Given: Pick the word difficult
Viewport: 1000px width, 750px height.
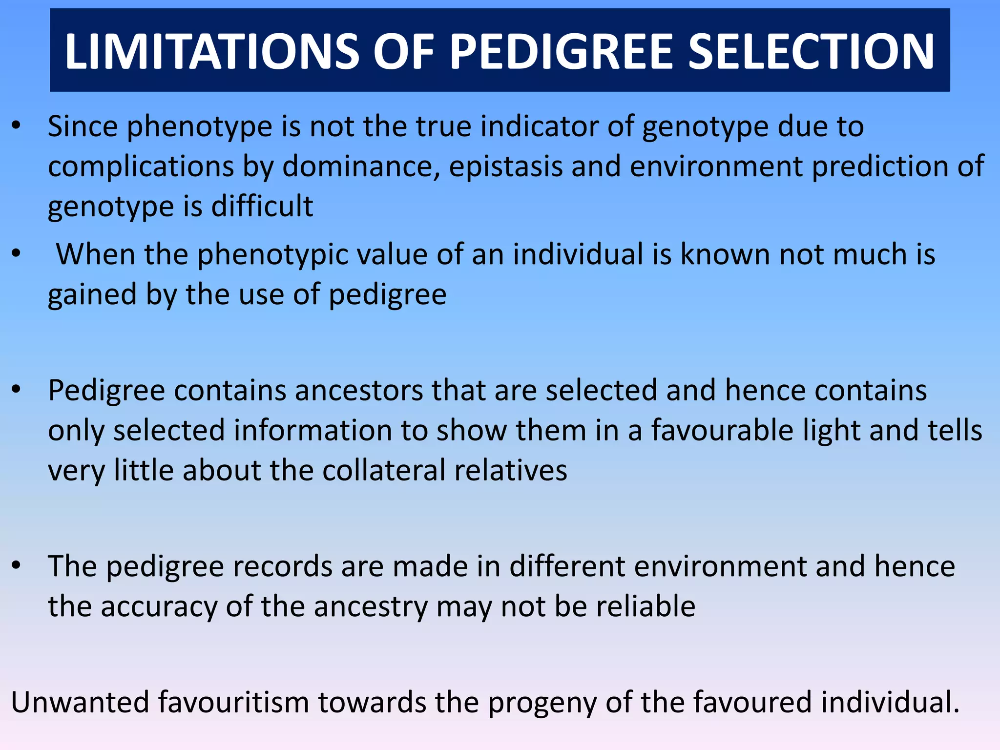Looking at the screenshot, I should point(262,206).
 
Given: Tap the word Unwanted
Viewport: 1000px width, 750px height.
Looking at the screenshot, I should point(81,702).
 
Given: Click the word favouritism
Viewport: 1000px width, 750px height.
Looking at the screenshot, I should point(233,702).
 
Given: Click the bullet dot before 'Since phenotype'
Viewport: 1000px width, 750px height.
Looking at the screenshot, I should point(17,126).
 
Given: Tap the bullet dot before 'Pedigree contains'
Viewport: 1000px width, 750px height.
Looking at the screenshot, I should point(17,390).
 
